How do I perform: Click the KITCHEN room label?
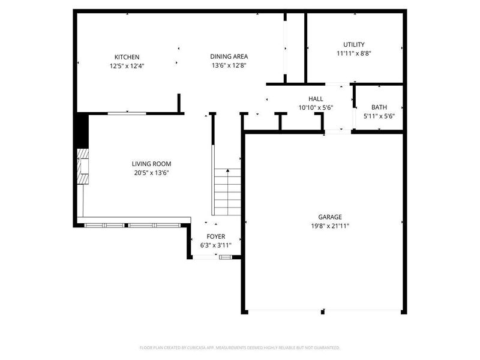[x=127, y=57]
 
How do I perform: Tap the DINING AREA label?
[x=229, y=57]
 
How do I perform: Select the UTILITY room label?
[x=353, y=44]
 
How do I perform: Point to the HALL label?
[x=316, y=99]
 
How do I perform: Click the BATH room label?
[x=379, y=107]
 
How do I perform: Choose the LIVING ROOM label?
[x=152, y=164]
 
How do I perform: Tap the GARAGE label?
[x=330, y=217]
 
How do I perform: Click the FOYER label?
[x=215, y=237]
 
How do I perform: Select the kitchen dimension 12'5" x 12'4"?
[x=127, y=66]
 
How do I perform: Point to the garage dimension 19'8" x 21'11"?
[x=330, y=226]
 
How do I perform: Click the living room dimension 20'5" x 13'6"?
[x=152, y=173]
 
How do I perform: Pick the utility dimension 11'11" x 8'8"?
[x=353, y=53]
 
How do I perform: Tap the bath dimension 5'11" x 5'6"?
[x=379, y=116]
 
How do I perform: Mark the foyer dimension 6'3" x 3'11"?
[x=215, y=246]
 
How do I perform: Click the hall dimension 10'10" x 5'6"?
[x=316, y=108]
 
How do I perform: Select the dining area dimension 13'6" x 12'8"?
[x=229, y=66]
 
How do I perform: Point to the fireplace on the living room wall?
[x=82, y=167]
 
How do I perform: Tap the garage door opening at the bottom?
[x=324, y=311]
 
